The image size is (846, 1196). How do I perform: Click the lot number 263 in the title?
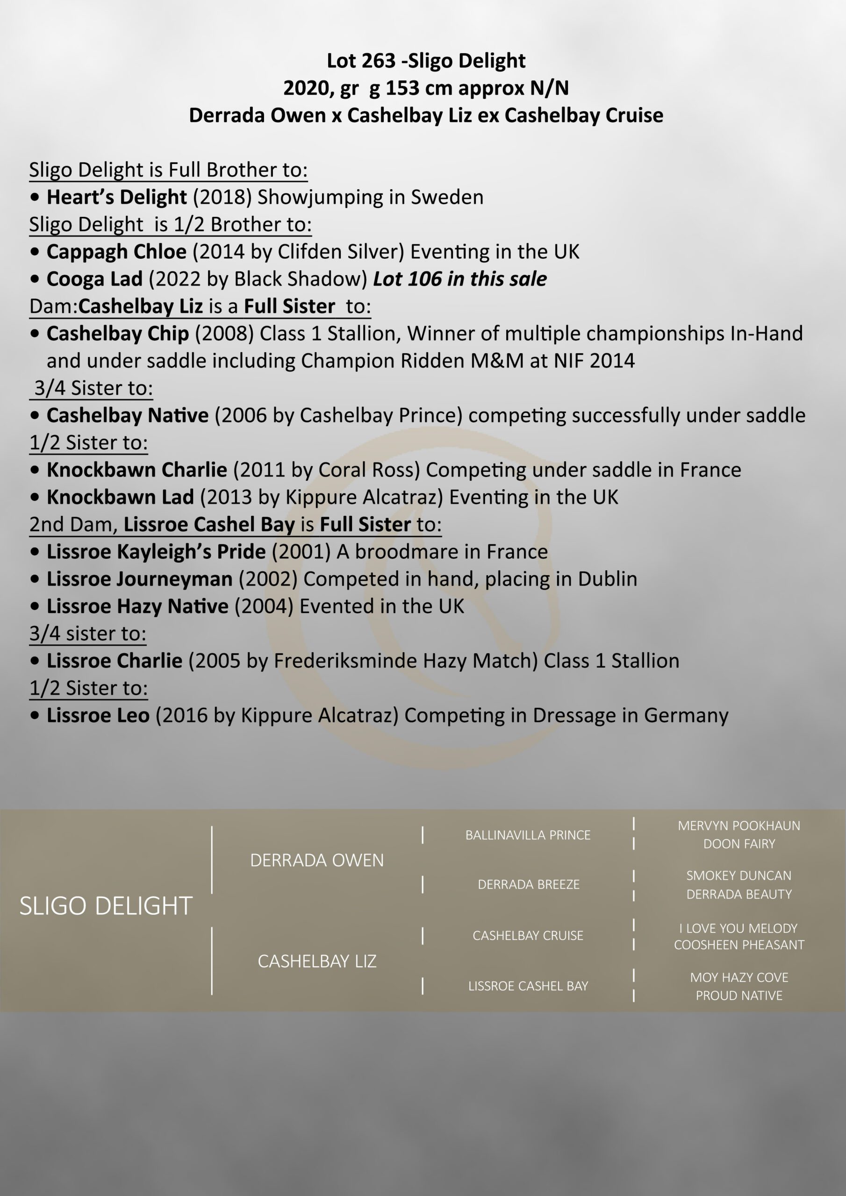(380, 61)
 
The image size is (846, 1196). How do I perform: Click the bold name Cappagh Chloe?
(116, 252)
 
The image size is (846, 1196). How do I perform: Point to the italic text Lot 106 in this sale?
(460, 279)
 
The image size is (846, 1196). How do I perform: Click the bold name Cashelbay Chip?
(117, 334)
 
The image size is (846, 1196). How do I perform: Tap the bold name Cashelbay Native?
(127, 416)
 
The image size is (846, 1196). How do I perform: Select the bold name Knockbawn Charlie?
(136, 470)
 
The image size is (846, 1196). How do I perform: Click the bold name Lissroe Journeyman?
(139, 579)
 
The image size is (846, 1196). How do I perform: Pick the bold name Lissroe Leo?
(98, 716)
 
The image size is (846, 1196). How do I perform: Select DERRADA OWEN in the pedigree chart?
(317, 860)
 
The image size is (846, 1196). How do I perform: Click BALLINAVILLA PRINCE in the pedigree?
(528, 835)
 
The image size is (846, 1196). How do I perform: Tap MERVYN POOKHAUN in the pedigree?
(738, 826)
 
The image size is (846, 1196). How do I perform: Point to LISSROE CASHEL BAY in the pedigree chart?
(528, 986)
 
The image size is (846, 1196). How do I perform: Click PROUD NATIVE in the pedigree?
(738, 996)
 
